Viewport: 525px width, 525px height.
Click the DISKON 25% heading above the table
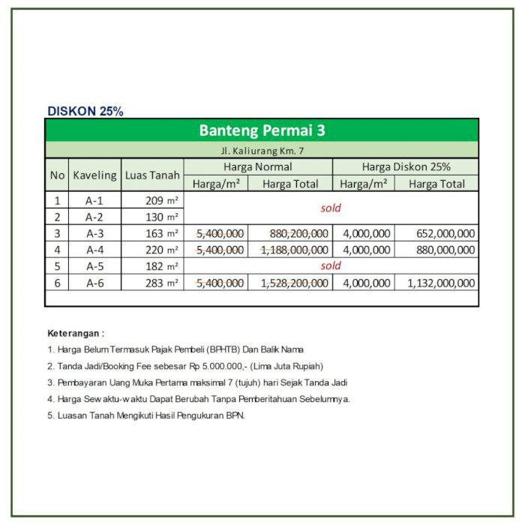tap(85, 111)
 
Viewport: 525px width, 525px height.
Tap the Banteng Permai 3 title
tap(262, 130)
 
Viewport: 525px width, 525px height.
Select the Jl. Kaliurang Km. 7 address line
tap(262, 151)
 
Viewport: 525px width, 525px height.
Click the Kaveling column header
tap(94, 175)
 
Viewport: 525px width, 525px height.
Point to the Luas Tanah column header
tap(152, 175)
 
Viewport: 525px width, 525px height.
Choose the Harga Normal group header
tap(257, 167)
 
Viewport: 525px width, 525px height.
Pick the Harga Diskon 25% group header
tap(406, 167)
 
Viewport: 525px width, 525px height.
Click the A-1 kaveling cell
tap(94, 201)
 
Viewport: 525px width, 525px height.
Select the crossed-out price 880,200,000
tap(298, 234)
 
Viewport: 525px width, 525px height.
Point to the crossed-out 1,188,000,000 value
tap(294, 250)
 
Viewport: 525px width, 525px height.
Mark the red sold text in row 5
tap(331, 266)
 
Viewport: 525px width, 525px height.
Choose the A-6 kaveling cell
tap(94, 283)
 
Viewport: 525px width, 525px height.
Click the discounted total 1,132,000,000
tap(441, 283)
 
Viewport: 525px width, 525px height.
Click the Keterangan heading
tap(76, 332)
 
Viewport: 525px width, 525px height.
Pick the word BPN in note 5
tap(235, 415)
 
